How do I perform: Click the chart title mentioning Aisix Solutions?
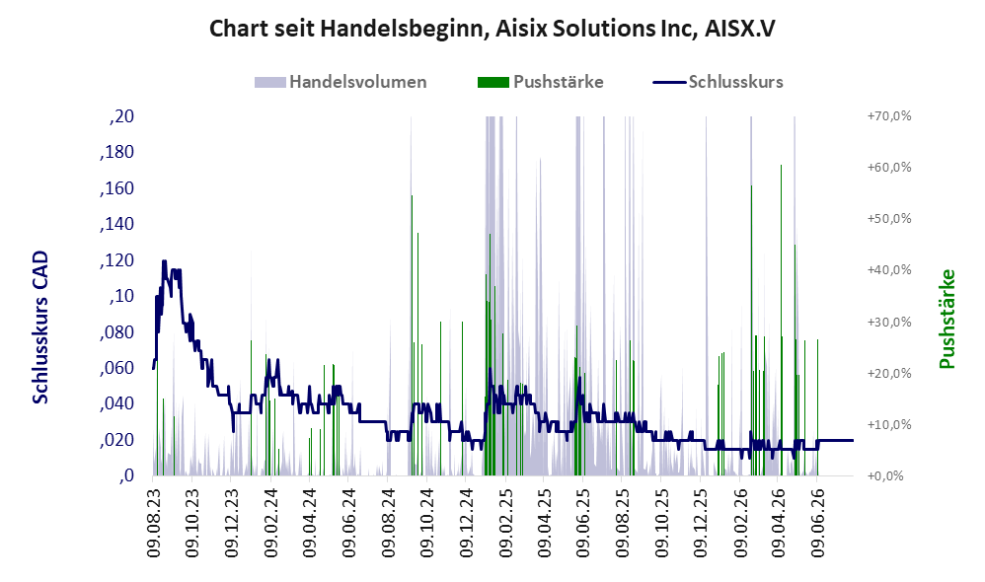492,29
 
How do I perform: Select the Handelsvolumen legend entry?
341,82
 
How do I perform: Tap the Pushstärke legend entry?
540,82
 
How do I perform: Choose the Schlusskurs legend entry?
718,82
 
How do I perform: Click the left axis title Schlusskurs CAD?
40,327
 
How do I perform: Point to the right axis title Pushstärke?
947,319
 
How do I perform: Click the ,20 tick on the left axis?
121,116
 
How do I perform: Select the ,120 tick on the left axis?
116,260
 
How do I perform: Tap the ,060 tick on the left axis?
116,368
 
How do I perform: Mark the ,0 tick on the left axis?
126,475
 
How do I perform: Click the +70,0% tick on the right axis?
889,116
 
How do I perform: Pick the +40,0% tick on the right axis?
889,270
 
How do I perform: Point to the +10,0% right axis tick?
889,425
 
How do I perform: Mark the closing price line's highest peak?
164,260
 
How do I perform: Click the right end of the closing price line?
853,441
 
